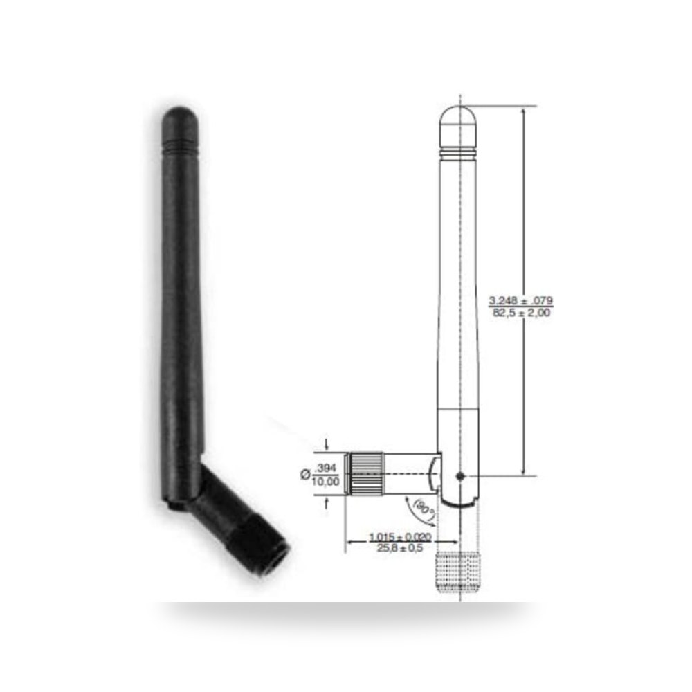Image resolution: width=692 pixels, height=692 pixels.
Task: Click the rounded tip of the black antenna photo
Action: pos(180,118)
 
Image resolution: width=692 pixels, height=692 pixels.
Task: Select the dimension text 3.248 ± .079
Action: pos(520,301)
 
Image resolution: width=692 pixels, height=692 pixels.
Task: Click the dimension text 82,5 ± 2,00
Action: pos(521,313)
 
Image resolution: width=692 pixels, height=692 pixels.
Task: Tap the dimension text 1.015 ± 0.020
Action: pos(400,537)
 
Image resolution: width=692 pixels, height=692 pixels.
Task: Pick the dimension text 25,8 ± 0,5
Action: pos(400,548)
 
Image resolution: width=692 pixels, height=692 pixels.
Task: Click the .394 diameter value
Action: pos(326,468)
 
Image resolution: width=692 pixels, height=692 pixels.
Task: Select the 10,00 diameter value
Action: pos(325,481)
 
